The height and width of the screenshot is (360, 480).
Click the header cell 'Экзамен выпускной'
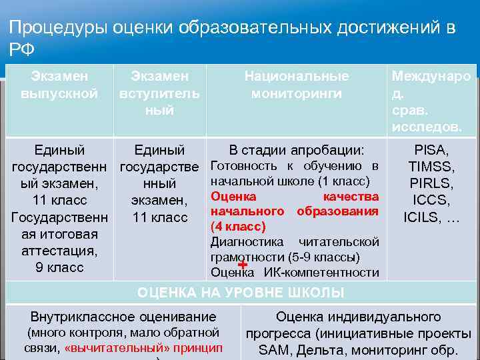tap(59, 85)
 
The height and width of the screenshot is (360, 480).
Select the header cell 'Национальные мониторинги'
tap(297, 85)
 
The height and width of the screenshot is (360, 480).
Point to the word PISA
tap(432, 151)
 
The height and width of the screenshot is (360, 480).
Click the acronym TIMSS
tap(432, 167)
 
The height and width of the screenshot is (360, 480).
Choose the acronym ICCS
tap(432, 200)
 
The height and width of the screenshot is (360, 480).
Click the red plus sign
tap(242, 265)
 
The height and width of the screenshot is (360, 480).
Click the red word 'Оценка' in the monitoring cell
tap(233, 197)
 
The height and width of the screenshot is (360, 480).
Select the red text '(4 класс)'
tap(238, 227)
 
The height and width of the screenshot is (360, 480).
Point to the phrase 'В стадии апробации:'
tap(297, 150)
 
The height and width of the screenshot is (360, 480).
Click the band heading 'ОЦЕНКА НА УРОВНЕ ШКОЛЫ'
tap(241, 292)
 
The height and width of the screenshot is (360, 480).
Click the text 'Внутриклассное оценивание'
tap(123, 317)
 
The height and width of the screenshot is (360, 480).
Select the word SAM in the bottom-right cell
tap(271, 349)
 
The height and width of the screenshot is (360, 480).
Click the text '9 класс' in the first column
tap(59, 267)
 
